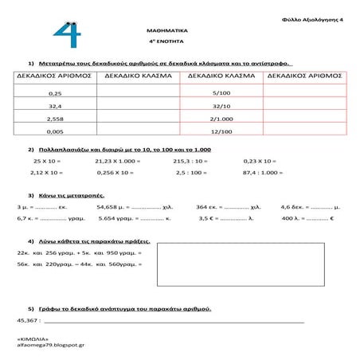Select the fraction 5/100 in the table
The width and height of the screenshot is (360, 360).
point(221,94)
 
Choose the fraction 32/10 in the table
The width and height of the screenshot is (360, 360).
point(221,106)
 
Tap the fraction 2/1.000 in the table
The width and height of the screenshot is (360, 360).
point(221,118)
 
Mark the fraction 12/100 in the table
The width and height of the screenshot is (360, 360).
point(221,131)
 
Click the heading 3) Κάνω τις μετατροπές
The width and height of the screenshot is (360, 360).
point(75,194)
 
